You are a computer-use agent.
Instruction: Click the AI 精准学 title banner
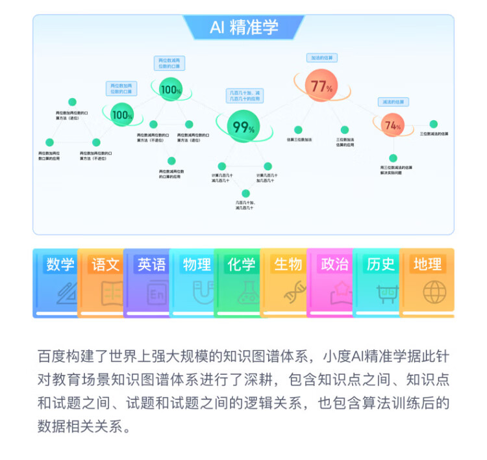243,27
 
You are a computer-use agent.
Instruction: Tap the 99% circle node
243,127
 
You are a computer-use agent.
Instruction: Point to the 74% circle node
392,125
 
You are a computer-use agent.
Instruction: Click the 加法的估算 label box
322,58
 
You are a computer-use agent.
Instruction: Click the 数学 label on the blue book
60,264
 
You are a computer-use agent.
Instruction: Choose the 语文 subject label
106,264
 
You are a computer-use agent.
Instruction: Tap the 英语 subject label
151,264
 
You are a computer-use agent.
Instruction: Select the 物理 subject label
197,264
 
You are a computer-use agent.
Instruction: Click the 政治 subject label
335,264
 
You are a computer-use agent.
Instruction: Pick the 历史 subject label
381,264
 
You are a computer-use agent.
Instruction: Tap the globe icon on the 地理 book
434,292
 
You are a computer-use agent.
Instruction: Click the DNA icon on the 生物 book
294,293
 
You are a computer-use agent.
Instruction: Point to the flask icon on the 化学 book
247,293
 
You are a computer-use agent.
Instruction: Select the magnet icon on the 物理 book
203,292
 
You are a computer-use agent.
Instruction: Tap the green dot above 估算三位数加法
299,130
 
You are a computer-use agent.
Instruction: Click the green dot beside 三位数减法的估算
434,124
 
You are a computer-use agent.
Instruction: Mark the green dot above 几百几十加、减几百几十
246,193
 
